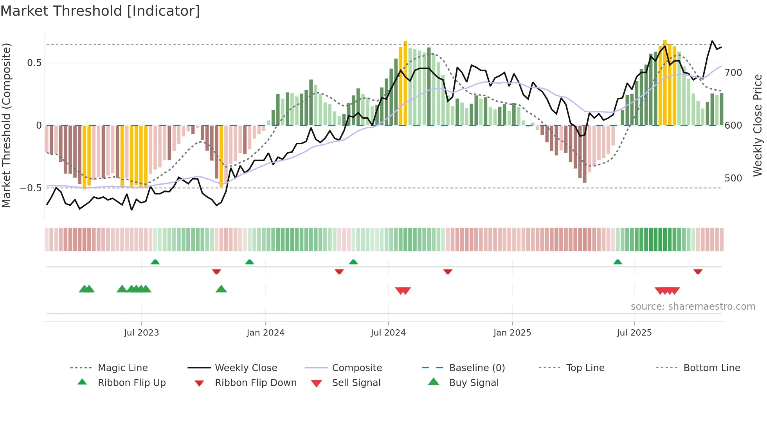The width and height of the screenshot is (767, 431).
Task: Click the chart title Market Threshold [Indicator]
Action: pyautogui.click(x=100, y=11)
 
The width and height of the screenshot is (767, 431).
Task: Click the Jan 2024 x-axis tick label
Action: pyautogui.click(x=265, y=332)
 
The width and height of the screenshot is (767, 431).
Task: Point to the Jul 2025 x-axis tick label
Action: pyautogui.click(x=634, y=332)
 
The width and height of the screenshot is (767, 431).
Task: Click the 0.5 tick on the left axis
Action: pyautogui.click(x=34, y=63)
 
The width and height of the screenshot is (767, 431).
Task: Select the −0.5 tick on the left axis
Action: pyautogui.click(x=31, y=188)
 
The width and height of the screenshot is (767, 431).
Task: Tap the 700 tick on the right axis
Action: pyautogui.click(x=733, y=73)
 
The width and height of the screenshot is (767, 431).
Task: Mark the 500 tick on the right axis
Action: pyautogui.click(x=733, y=178)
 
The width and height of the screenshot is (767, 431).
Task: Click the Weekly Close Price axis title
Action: pyautogui.click(x=758, y=125)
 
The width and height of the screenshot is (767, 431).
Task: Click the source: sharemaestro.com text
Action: pyautogui.click(x=693, y=306)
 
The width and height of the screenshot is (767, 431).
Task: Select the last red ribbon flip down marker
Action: pyautogui.click(x=698, y=271)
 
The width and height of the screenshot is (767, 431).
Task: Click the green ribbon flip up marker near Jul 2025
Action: pyautogui.click(x=618, y=262)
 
